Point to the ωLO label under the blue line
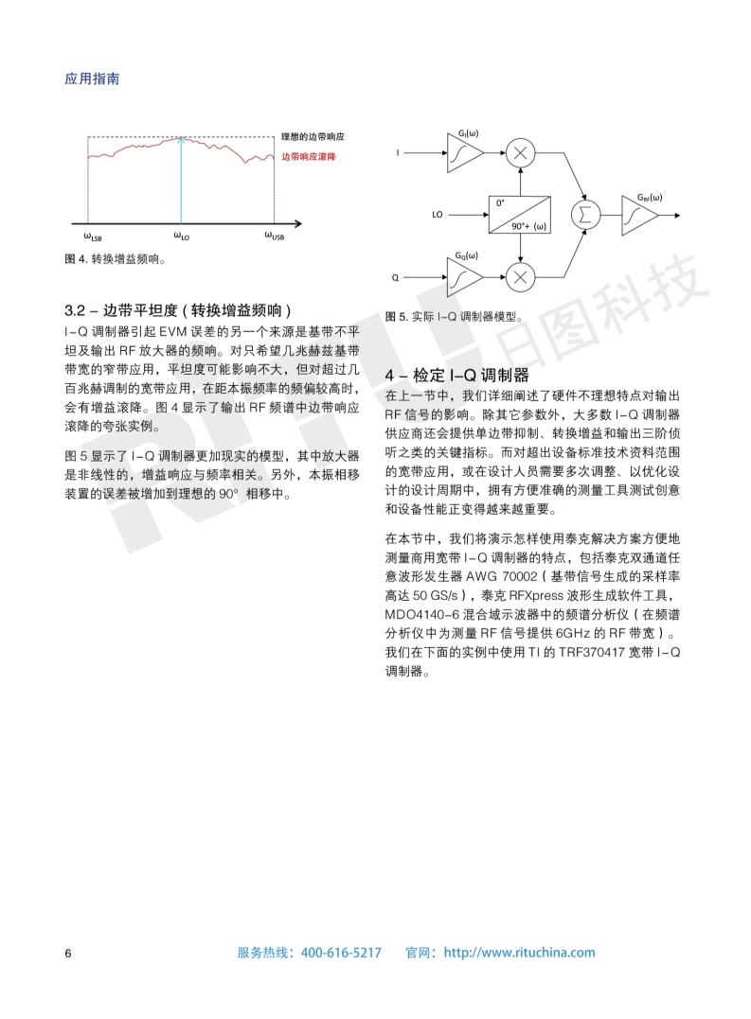[181, 237]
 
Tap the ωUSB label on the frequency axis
[273, 237]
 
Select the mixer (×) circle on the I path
[519, 151]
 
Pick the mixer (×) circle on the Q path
[519, 277]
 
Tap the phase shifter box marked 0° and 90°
[519, 215]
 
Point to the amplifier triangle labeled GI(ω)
[463, 151]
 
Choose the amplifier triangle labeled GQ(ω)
[463, 277]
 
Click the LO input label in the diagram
[437, 215]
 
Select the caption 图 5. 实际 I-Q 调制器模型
[454, 317]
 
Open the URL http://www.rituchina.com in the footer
[519, 953]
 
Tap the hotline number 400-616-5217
[341, 953]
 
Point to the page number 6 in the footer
[68, 953]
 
